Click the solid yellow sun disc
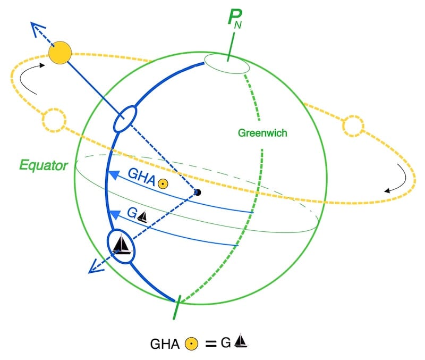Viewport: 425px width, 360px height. pyautogui.click(x=59, y=53)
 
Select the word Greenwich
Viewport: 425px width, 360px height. pyautogui.click(x=262, y=133)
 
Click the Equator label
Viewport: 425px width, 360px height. pyautogui.click(x=44, y=165)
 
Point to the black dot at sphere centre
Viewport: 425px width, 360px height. pyautogui.click(x=198, y=192)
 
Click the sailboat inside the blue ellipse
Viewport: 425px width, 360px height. pyautogui.click(x=122, y=245)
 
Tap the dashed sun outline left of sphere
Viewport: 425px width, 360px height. pyautogui.click(x=53, y=120)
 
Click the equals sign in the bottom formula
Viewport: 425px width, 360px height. pyautogui.click(x=211, y=344)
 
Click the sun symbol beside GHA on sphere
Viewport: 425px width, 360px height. pyautogui.click(x=164, y=184)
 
